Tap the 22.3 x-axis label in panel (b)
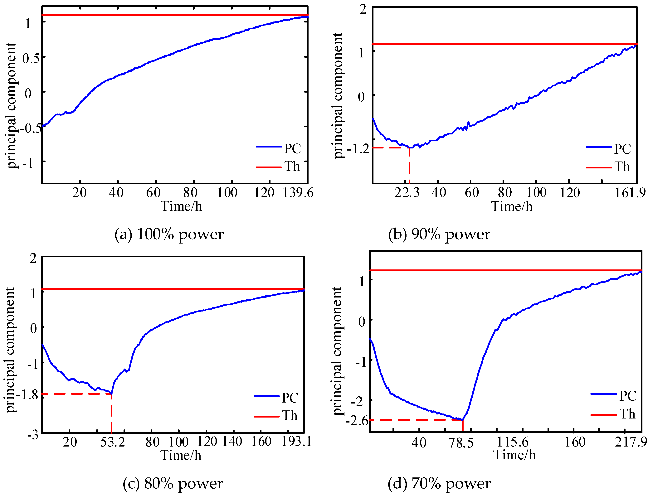coord(407,193)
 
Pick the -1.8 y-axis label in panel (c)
coord(27,395)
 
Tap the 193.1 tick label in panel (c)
coord(296,441)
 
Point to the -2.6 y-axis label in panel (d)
coord(357,421)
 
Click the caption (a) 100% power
coord(169,234)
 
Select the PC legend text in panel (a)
coord(292,148)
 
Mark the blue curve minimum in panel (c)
coord(111,394)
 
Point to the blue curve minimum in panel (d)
coord(462,420)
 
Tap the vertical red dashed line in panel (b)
coord(410,166)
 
